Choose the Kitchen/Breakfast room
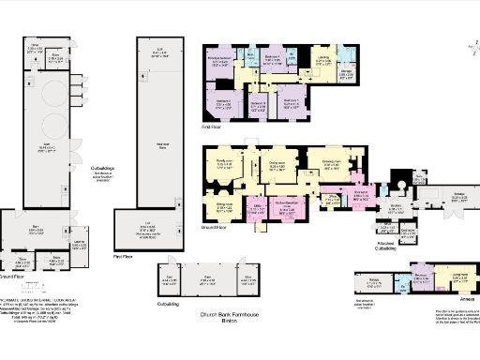coord(288,208)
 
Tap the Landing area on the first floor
coord(322,63)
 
